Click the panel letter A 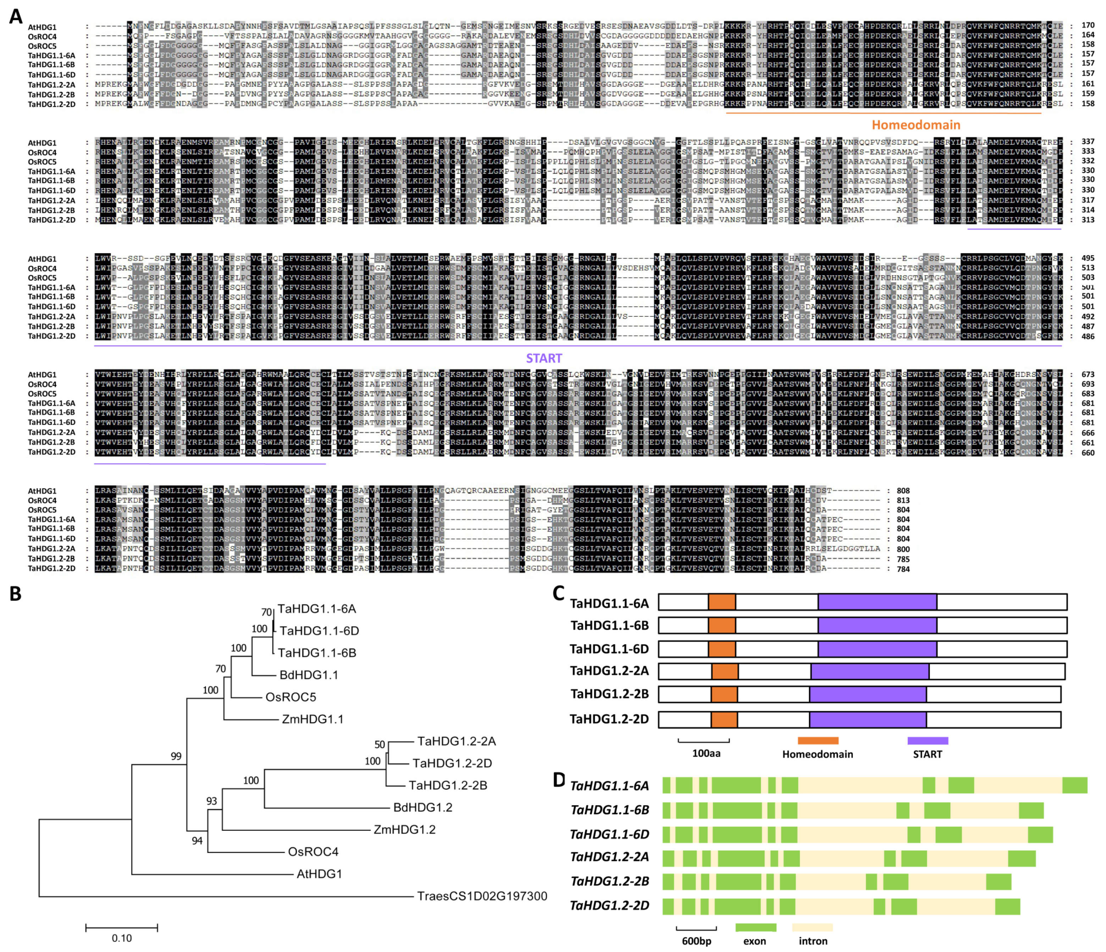(x=16, y=17)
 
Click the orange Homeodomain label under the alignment (x=916, y=125)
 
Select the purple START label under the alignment (x=543, y=358)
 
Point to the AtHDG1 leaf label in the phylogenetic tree (x=319, y=874)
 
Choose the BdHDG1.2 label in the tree (x=422, y=807)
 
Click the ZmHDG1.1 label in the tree (x=312, y=719)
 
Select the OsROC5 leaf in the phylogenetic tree (x=291, y=697)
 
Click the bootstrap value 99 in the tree (x=176, y=756)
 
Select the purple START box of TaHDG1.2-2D (x=867, y=719)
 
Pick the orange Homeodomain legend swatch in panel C (x=818, y=741)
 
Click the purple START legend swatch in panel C (x=928, y=741)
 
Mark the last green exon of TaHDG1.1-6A (x=1074, y=785)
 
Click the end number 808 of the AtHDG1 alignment (x=903, y=491)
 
